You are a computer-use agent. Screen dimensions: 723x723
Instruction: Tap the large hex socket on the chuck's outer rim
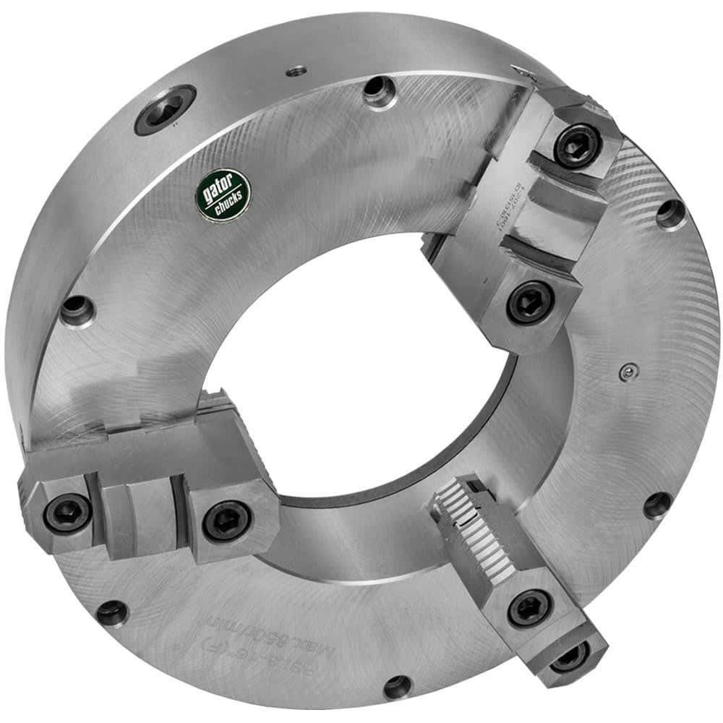(166, 109)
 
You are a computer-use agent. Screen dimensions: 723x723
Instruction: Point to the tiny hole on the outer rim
(296, 71)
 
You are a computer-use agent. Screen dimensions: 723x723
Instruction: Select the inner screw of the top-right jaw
(529, 302)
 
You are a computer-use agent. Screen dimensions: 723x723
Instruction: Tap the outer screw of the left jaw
(67, 512)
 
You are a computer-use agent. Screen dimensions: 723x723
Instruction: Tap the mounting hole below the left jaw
(112, 612)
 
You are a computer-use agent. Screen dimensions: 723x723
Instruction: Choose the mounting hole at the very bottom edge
(397, 685)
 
